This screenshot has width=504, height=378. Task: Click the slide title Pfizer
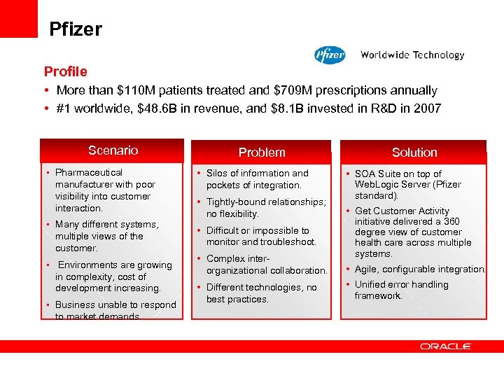[x=76, y=29]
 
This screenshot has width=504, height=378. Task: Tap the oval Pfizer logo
[x=330, y=55]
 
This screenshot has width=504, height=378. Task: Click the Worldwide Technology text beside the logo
[x=412, y=55]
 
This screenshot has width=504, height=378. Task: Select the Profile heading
[x=66, y=71]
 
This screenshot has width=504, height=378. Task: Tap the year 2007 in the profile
[x=428, y=108]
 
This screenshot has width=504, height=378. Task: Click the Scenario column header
[x=113, y=150]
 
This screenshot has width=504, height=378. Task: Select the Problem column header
[x=262, y=152]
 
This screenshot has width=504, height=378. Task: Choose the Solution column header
[x=414, y=152]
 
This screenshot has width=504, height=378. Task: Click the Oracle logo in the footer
[x=446, y=346]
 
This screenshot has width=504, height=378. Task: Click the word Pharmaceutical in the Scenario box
[x=89, y=172]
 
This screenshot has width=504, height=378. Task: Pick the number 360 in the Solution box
[x=451, y=221]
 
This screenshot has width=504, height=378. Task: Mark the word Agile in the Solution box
[x=367, y=269]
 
